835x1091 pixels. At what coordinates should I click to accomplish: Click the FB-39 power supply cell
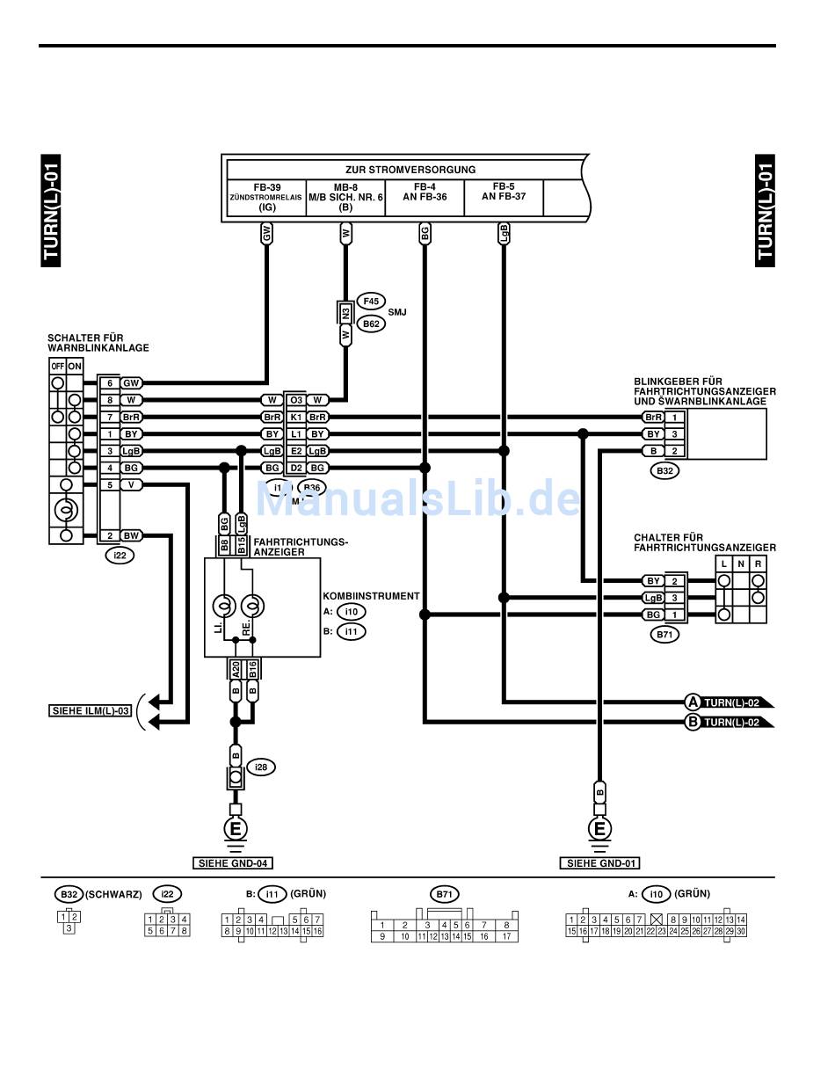coord(266,197)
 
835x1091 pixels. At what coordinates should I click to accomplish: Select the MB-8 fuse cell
coord(345,197)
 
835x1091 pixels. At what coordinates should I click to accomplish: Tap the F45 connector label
coord(371,301)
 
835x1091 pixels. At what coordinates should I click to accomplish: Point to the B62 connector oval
coord(371,324)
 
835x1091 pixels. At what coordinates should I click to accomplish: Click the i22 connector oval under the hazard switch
coord(119,555)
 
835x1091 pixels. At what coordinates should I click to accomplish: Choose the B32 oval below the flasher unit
coord(665,471)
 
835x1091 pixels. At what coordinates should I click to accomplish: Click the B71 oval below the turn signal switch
coord(665,634)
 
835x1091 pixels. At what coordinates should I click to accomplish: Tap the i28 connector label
coord(261,767)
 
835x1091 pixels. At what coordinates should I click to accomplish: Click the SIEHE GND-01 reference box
coord(600,863)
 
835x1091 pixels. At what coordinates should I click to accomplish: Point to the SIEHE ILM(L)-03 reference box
coord(90,710)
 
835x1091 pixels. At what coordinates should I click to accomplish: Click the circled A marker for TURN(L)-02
coord(693,702)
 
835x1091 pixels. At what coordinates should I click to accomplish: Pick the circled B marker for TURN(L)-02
coord(693,723)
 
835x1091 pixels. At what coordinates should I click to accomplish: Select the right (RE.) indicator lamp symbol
coord(253,607)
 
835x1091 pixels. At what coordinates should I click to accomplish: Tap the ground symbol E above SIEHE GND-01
coord(601,829)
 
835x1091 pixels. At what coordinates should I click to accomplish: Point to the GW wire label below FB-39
coord(266,233)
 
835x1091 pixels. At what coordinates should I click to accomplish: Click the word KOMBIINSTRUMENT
coord(370,596)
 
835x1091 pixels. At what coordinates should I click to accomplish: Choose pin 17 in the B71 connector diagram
coord(506,937)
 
